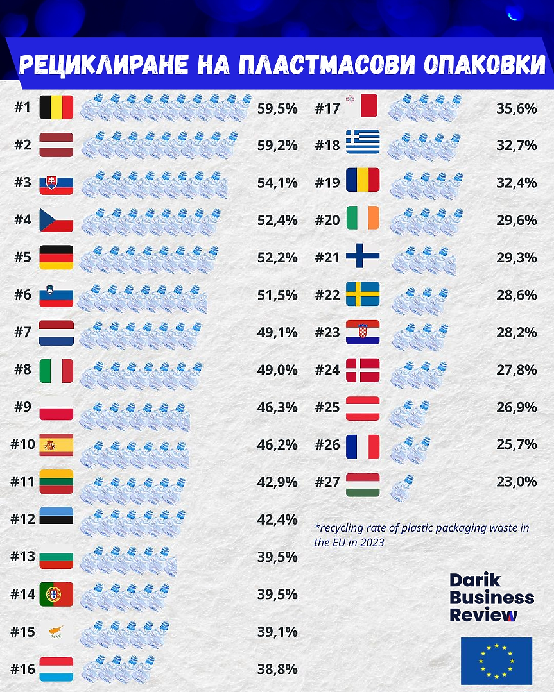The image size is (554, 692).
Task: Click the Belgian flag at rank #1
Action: point(56,108)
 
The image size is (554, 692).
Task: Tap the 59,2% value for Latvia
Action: point(277,146)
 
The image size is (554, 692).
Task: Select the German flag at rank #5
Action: point(56,257)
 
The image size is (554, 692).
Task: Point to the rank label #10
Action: point(23,444)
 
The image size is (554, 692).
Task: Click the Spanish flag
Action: point(56,444)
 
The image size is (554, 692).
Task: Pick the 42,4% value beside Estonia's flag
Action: point(277,519)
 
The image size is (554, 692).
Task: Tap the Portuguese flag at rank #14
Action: point(56,595)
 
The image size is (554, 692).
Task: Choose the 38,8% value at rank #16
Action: point(277,670)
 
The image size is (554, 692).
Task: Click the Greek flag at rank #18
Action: point(363,142)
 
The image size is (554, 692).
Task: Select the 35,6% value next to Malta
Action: point(516,108)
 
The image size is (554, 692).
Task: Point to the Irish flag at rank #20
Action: point(363,217)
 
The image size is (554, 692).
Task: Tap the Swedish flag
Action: point(363,294)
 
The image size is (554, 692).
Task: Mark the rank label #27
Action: point(327,482)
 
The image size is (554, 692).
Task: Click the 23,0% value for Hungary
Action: point(516,482)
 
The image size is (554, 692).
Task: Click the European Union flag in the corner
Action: point(496,661)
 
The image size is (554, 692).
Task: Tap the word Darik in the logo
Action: point(475,581)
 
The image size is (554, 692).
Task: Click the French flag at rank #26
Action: point(363,447)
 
